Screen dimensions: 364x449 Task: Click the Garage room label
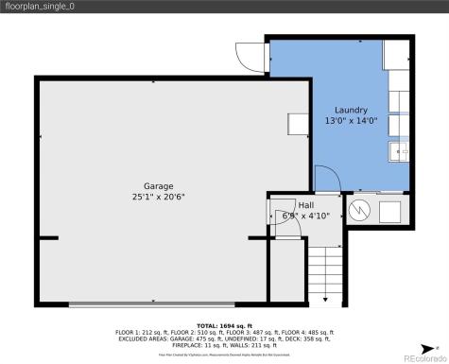click(x=158, y=186)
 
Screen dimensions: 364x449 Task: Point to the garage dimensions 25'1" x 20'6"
click(x=158, y=198)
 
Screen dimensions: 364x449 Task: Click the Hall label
click(x=306, y=204)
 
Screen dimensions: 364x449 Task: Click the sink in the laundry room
click(x=398, y=150)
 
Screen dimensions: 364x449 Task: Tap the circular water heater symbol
click(x=359, y=210)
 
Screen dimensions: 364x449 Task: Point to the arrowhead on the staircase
click(x=324, y=298)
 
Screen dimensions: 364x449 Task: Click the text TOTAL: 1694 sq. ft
click(x=224, y=324)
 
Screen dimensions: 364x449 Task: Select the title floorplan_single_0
click(x=39, y=8)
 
